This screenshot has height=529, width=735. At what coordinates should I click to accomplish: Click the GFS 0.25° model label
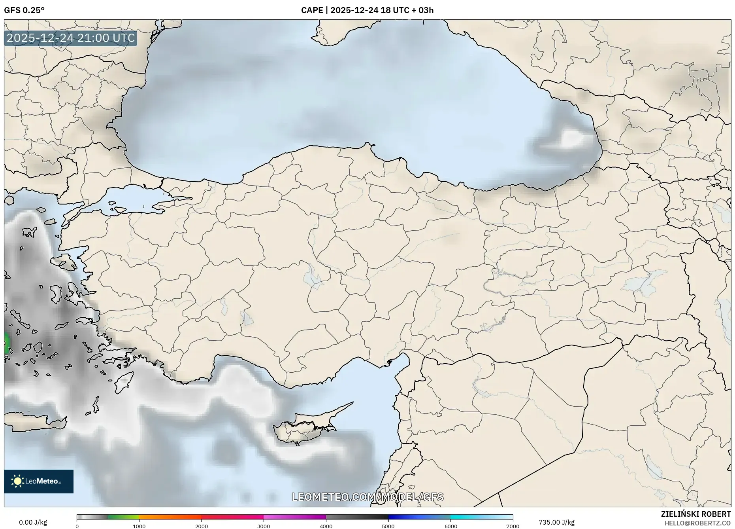click(x=24, y=10)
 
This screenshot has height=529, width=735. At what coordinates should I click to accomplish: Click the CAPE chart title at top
click(x=367, y=10)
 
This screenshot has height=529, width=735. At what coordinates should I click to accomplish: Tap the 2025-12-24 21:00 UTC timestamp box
click(x=71, y=38)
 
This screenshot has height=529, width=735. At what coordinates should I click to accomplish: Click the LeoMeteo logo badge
click(x=39, y=481)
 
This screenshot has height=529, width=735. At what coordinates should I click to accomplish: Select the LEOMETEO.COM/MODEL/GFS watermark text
click(x=367, y=497)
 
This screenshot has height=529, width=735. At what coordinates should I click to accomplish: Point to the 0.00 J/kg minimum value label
click(x=33, y=522)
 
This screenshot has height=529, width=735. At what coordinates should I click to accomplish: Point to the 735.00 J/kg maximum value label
click(x=556, y=522)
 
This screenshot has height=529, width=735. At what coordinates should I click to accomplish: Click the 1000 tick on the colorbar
click(x=139, y=526)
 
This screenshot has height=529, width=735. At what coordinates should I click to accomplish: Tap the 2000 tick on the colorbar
click(x=202, y=526)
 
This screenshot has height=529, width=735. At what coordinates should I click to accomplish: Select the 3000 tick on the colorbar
click(x=264, y=526)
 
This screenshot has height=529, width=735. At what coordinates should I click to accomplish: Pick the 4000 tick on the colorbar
click(x=326, y=526)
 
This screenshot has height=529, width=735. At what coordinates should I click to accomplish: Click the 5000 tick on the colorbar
click(x=388, y=526)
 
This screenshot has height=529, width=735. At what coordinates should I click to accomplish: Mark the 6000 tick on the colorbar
click(x=450, y=526)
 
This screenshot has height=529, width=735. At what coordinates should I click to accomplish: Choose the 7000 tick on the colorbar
click(x=513, y=526)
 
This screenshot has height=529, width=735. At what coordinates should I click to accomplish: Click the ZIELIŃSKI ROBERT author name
click(x=695, y=514)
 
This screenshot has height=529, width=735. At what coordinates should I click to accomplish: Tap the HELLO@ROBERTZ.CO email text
click(x=697, y=523)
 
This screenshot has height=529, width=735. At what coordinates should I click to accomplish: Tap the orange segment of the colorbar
click(x=170, y=517)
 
